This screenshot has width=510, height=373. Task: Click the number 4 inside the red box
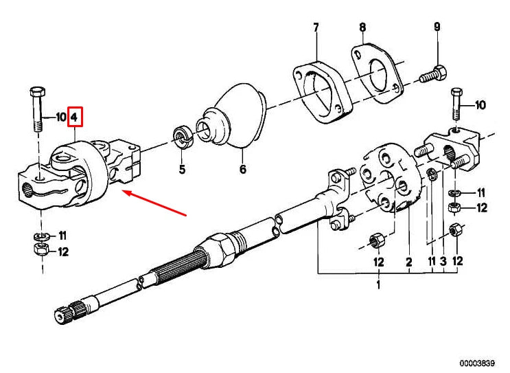click(x=75, y=117)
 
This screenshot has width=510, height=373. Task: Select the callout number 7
click(x=316, y=27)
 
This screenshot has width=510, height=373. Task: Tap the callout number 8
click(x=362, y=27)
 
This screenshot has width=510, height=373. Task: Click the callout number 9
click(x=437, y=27)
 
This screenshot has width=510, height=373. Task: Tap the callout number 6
click(x=242, y=170)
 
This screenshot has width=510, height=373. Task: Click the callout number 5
click(x=182, y=170)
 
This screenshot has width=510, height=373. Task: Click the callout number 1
click(x=376, y=284)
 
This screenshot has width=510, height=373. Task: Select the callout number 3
click(x=443, y=261)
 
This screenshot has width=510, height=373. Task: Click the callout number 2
click(x=408, y=261)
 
